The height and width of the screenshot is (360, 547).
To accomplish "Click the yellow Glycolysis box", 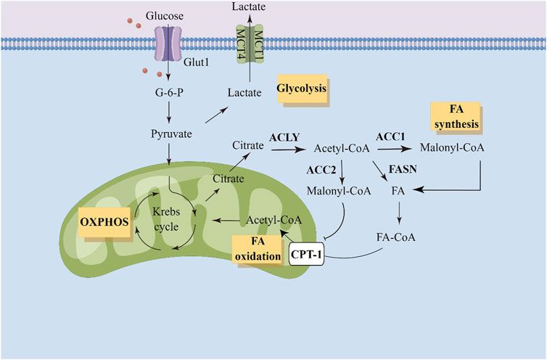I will tap(300, 90).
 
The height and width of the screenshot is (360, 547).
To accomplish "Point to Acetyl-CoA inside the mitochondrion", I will tap(270, 220).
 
